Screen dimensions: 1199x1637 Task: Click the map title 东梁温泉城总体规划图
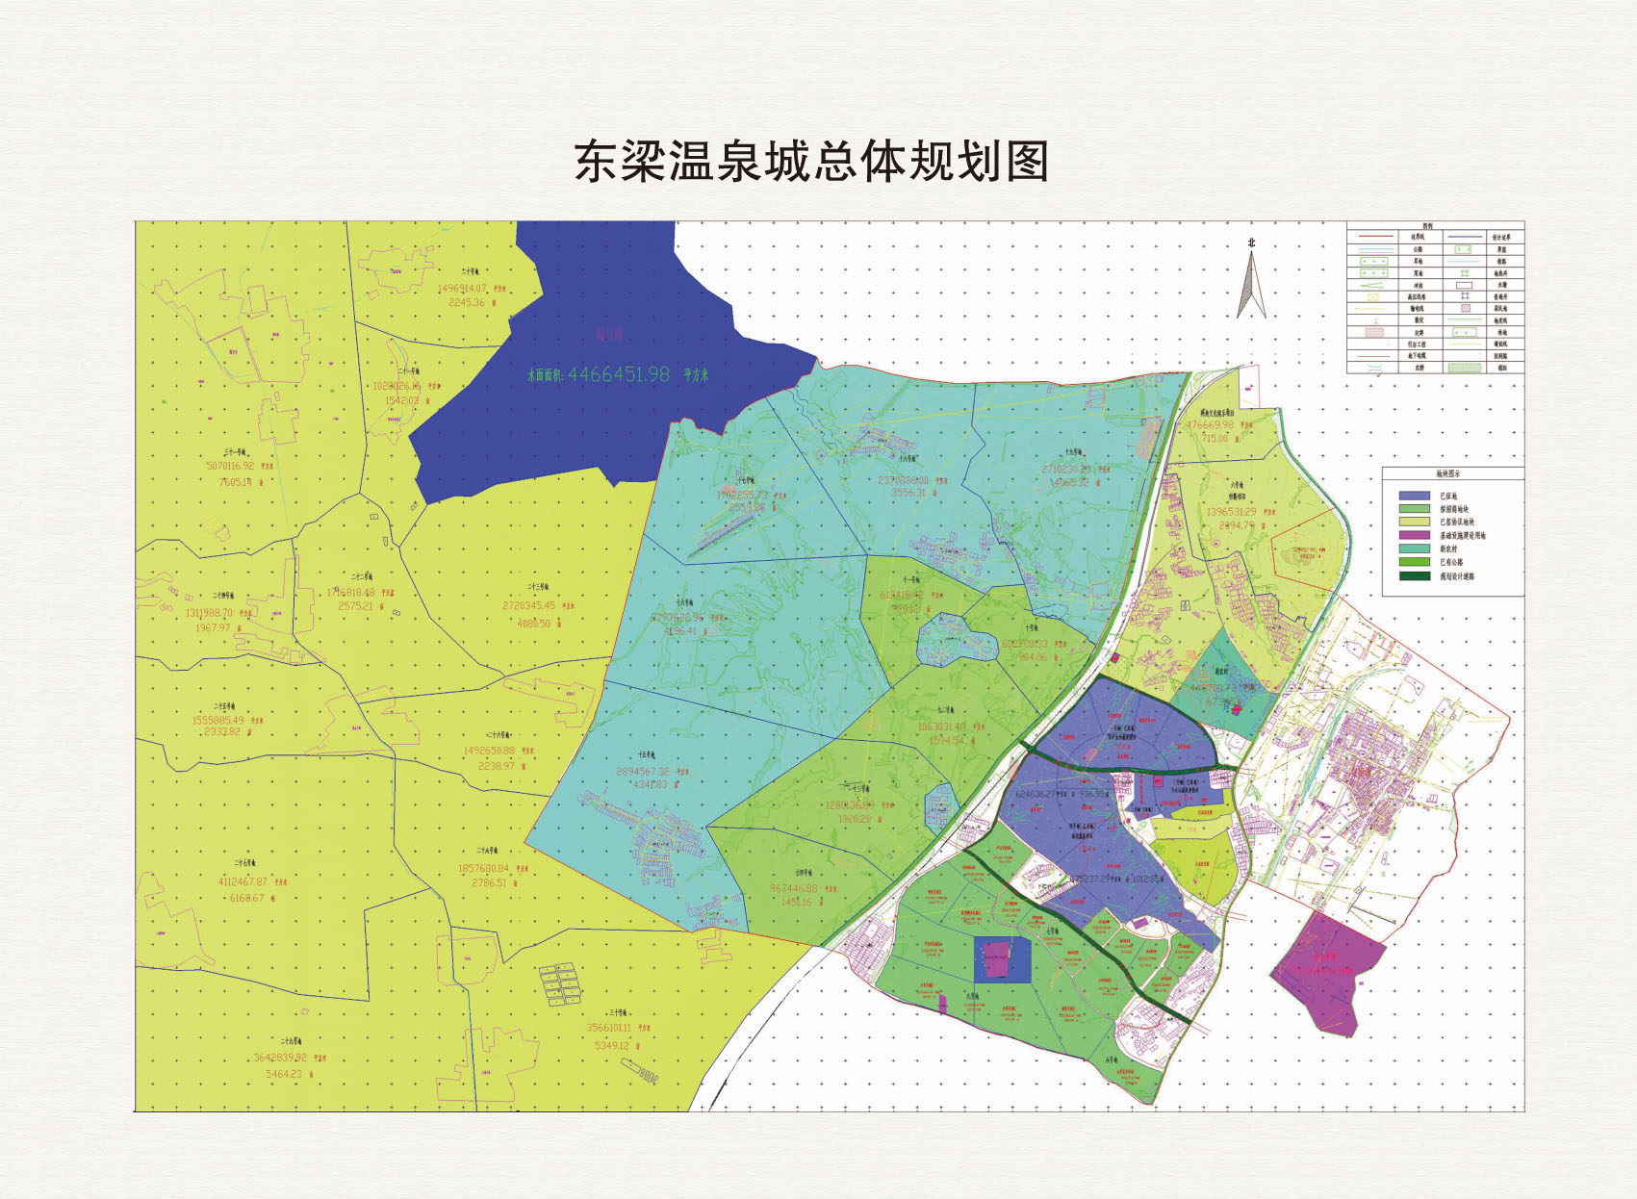coord(811,161)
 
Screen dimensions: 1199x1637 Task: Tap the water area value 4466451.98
coord(618,374)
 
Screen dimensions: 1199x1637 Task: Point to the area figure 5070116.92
coord(230,466)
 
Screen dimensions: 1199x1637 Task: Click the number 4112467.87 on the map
coord(243,881)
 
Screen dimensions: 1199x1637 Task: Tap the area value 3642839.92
coord(280,1057)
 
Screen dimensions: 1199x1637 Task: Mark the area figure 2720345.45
coord(528,606)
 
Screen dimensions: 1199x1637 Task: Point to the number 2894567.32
coord(642,772)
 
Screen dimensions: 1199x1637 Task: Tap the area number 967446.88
coord(794,888)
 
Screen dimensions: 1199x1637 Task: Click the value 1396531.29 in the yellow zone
coord(1231,512)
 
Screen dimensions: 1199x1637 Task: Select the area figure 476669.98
coord(1210,424)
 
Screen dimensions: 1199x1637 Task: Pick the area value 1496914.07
coord(462,288)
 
